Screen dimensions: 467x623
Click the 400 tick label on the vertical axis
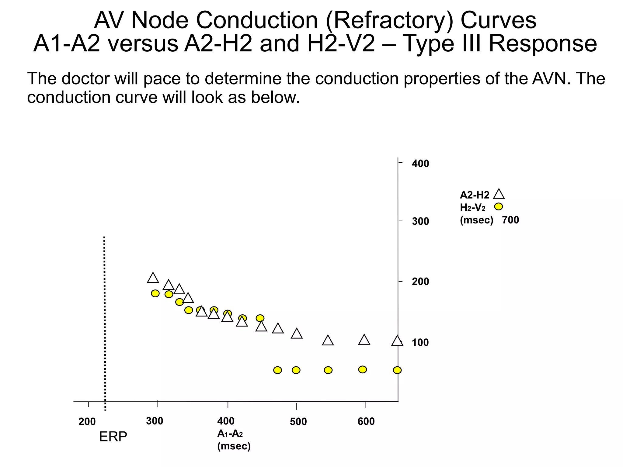tap(420, 164)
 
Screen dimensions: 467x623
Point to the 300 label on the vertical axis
tap(420, 221)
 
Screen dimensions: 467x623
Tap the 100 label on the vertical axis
tap(420, 343)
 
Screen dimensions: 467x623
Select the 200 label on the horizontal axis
tap(87, 422)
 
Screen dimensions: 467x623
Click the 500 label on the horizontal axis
tap(298, 422)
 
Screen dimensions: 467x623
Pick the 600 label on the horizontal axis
tap(366, 422)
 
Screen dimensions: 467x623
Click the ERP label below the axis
tap(113, 437)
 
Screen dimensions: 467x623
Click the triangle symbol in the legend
tap(499, 194)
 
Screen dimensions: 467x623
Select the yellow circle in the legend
tap(499, 206)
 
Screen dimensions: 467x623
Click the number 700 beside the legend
tap(510, 220)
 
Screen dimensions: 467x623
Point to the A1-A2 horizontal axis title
tap(230, 434)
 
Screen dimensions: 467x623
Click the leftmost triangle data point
tap(153, 278)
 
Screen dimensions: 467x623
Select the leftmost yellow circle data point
tap(155, 293)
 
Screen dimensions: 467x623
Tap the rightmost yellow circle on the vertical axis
tap(397, 370)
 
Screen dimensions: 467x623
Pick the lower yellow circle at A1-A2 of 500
tap(296, 370)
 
